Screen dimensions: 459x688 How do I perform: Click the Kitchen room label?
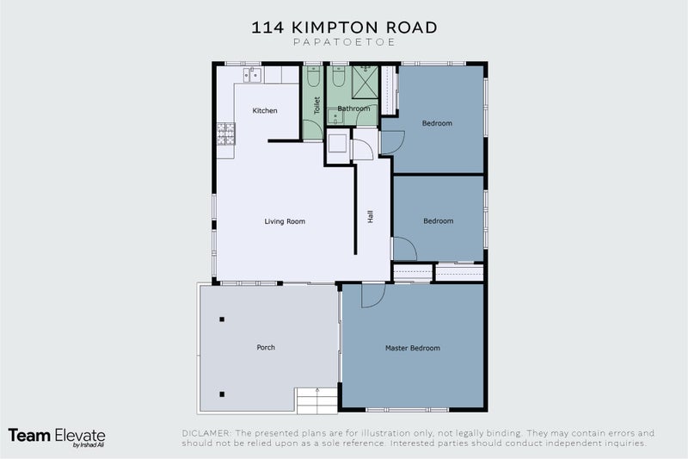[265, 111]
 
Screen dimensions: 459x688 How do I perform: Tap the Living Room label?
[285, 221]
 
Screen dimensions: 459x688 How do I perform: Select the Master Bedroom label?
[412, 348]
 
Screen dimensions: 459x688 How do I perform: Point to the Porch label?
[266, 347]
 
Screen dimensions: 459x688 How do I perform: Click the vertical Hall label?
[371, 217]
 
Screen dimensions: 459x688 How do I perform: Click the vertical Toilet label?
[316, 105]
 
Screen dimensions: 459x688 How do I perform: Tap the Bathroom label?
[353, 109]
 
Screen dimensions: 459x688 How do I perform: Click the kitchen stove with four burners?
[225, 134]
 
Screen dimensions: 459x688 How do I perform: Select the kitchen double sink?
[253, 75]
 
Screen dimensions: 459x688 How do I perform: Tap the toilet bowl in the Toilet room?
[313, 78]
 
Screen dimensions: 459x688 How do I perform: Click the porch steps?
[317, 400]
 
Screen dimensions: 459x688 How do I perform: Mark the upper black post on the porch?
[222, 319]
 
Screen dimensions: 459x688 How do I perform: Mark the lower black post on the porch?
[222, 394]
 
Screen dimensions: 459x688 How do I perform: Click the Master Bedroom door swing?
[372, 295]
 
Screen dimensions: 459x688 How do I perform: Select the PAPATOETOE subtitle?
[344, 41]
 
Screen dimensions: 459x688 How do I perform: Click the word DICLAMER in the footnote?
[209, 432]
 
